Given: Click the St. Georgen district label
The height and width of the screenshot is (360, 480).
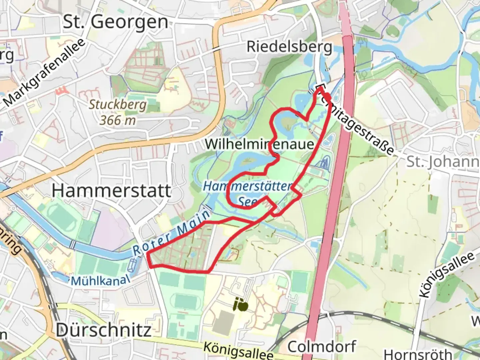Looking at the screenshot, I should (x=115, y=22).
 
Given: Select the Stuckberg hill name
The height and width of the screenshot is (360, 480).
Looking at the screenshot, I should (x=118, y=105).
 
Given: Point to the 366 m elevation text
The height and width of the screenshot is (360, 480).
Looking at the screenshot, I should (x=118, y=120).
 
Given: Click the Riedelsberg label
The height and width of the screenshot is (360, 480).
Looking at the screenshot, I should (x=289, y=47).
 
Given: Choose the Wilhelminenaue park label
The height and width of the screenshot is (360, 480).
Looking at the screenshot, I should (x=260, y=144).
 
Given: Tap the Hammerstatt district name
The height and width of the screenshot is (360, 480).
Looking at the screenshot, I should (x=111, y=191).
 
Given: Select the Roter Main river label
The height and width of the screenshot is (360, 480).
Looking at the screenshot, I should (x=172, y=233).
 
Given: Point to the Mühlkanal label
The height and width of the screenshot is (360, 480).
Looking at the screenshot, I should (x=100, y=280).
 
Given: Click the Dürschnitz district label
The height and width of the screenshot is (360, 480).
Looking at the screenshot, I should (x=103, y=330).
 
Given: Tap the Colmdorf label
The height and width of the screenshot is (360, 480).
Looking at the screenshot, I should (x=322, y=347).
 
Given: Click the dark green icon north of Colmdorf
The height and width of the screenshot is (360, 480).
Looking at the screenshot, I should (x=241, y=305).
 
